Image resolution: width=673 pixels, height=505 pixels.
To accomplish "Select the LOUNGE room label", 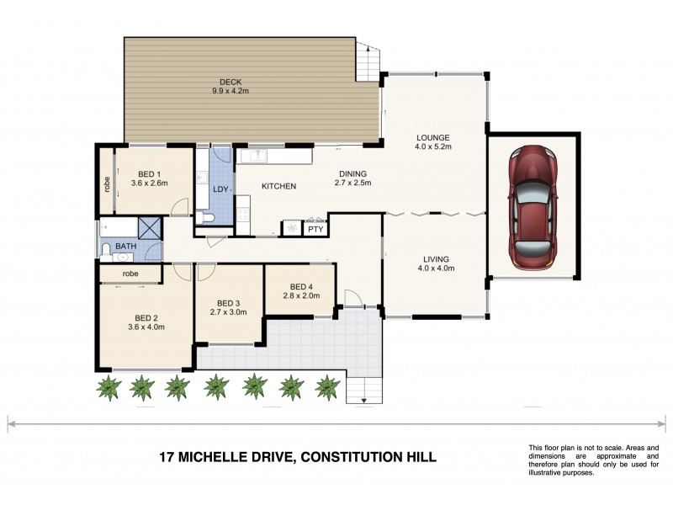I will pos(433,138).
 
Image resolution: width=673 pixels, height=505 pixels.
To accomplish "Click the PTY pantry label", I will pos(315,229).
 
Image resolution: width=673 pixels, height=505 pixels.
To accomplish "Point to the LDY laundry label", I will pos(220,189).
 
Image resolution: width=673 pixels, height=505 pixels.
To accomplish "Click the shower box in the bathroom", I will pos(151,228).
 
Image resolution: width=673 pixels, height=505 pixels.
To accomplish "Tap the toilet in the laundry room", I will pos(209,218).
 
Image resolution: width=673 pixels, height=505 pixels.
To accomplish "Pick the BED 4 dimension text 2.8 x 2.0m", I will pos(300,296).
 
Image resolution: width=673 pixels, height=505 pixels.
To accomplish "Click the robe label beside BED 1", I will pos(108,184).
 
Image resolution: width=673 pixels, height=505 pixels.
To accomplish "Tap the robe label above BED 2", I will pos(130,274).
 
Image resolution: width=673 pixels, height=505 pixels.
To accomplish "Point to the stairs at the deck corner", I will pos(368,60).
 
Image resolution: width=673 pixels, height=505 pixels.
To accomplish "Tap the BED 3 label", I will pos(228,303).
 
